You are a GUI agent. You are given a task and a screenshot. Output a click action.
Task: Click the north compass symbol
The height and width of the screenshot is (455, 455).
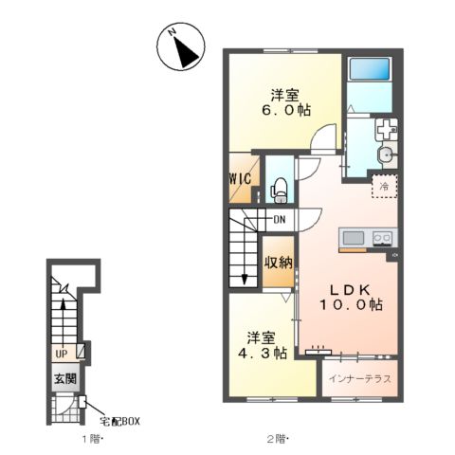click(x=181, y=46)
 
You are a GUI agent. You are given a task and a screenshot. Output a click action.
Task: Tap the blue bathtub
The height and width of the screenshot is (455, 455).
click(x=370, y=69)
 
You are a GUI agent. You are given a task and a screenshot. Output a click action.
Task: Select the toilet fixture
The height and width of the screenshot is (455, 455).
click(x=279, y=191)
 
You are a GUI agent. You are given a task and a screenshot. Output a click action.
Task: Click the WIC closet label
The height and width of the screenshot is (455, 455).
click(x=240, y=179)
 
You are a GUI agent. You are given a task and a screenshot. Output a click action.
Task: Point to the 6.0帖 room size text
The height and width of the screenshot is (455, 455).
click(x=286, y=110)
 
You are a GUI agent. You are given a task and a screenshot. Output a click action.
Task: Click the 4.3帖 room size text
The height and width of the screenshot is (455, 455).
click(x=263, y=353)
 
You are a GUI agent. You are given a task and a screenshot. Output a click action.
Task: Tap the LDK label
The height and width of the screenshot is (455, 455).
click(x=350, y=290)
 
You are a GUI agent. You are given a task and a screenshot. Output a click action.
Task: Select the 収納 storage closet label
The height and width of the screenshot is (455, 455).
click(x=279, y=263)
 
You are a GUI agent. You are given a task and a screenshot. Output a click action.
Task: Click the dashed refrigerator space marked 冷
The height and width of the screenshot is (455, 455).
click(x=384, y=186)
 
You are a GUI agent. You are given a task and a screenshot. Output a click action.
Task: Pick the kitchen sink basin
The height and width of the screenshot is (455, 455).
click(x=354, y=238)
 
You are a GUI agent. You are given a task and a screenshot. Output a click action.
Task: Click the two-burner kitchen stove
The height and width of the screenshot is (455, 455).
click(x=383, y=238)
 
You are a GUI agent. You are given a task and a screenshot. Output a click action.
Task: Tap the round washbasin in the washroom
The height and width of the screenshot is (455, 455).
click(x=385, y=155)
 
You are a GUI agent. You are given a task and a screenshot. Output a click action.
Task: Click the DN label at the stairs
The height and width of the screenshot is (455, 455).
click(x=280, y=219)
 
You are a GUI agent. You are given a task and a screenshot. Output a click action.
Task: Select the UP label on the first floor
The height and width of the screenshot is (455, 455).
click(x=62, y=355)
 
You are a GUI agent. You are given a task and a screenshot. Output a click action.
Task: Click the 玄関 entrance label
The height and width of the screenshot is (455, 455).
click(x=65, y=378)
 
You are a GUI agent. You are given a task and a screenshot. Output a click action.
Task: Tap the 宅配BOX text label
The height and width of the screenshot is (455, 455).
click(x=119, y=422)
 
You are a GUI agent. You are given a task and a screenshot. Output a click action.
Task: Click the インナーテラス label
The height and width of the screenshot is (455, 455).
click(x=360, y=378)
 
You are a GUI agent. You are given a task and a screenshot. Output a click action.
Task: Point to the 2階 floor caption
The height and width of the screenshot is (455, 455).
click(x=279, y=439)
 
